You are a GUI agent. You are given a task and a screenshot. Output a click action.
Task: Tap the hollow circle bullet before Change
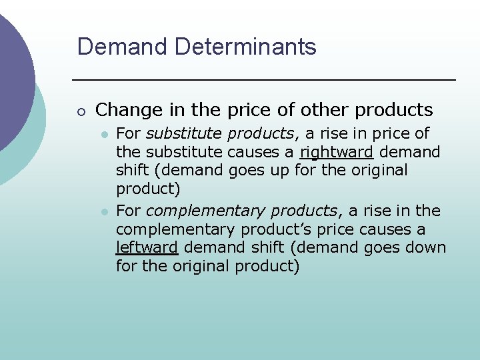80,110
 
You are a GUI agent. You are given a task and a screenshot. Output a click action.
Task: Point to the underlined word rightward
336,152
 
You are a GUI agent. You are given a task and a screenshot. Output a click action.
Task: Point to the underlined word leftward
147,248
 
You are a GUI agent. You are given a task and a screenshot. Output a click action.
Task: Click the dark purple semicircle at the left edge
13,73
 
